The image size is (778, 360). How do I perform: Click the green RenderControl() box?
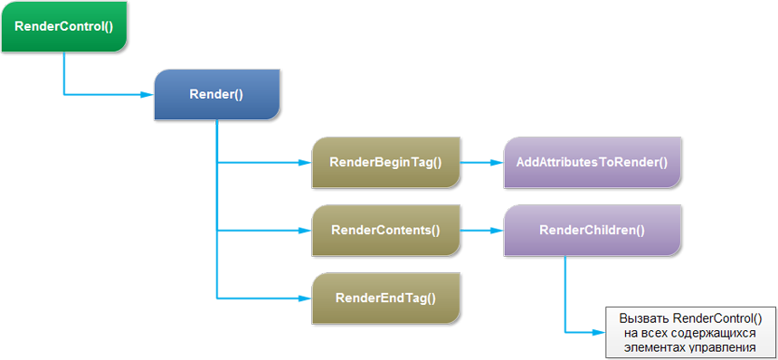(x=64, y=26)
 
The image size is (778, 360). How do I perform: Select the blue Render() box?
(x=217, y=94)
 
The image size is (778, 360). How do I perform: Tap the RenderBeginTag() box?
(x=386, y=162)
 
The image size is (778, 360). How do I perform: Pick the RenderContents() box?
(x=386, y=230)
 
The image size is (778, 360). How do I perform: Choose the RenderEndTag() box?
(x=386, y=298)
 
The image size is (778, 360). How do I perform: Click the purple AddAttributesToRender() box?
(x=593, y=162)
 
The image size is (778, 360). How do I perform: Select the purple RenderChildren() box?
(x=593, y=230)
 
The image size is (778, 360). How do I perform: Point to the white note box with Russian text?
(x=690, y=332)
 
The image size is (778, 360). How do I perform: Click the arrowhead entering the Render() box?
(x=147, y=94)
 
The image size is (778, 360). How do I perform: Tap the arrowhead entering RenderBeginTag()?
(x=305, y=162)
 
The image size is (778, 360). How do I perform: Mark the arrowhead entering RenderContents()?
(x=305, y=230)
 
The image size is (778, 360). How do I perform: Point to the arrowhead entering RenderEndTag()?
(x=305, y=298)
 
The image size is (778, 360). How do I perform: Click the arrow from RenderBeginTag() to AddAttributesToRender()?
(x=482, y=162)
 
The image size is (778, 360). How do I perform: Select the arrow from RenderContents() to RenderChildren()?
(x=482, y=230)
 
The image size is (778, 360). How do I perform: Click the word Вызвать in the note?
(x=643, y=317)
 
